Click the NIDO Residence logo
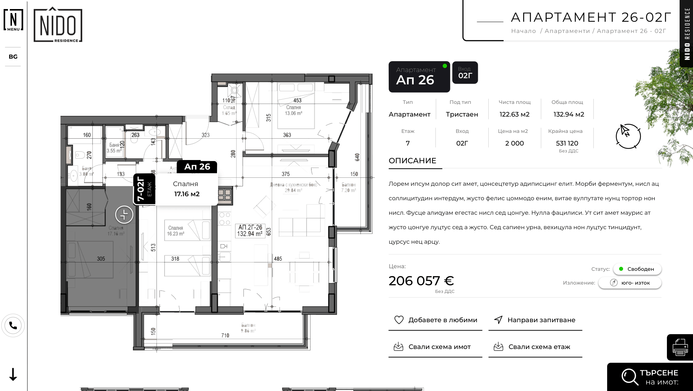58,25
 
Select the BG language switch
13,57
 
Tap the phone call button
13,325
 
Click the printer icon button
680,347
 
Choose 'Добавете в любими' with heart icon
435,320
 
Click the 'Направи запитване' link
535,320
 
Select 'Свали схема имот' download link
435,347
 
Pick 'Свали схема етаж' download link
535,347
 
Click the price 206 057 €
421,281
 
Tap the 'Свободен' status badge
637,269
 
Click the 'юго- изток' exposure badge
630,283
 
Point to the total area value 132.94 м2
568,114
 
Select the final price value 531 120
567,143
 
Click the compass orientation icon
628,136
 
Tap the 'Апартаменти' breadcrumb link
567,31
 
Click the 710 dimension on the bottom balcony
225,336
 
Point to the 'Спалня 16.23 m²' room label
176,231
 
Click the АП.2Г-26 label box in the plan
250,231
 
